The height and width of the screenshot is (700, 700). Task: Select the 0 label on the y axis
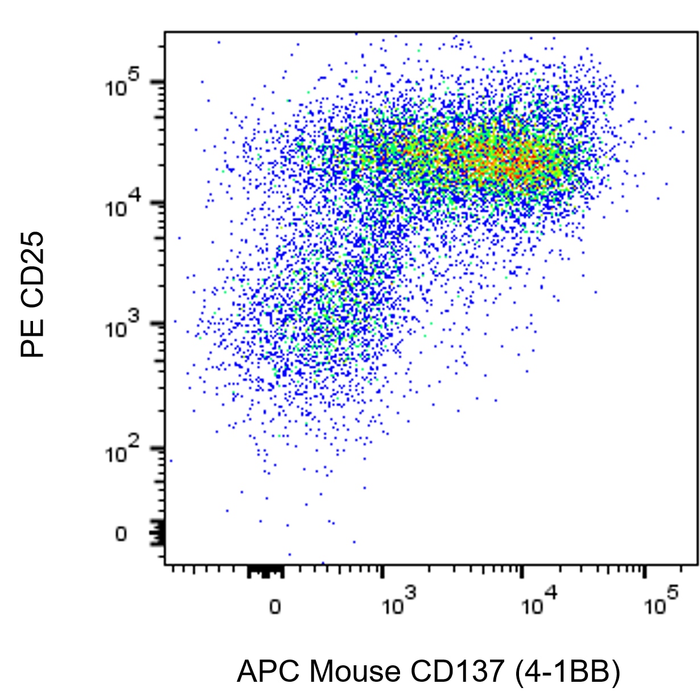[121, 534]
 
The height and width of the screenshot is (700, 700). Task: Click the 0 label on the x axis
[275, 607]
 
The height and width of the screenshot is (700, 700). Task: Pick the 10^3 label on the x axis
[399, 602]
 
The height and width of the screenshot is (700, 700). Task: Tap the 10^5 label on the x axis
[661, 602]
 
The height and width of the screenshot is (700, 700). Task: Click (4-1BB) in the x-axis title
[567, 672]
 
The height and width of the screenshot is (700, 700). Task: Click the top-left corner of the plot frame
[165, 32]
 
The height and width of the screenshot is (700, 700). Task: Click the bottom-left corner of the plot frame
[165, 565]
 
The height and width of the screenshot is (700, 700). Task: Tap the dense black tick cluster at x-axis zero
[265, 571]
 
